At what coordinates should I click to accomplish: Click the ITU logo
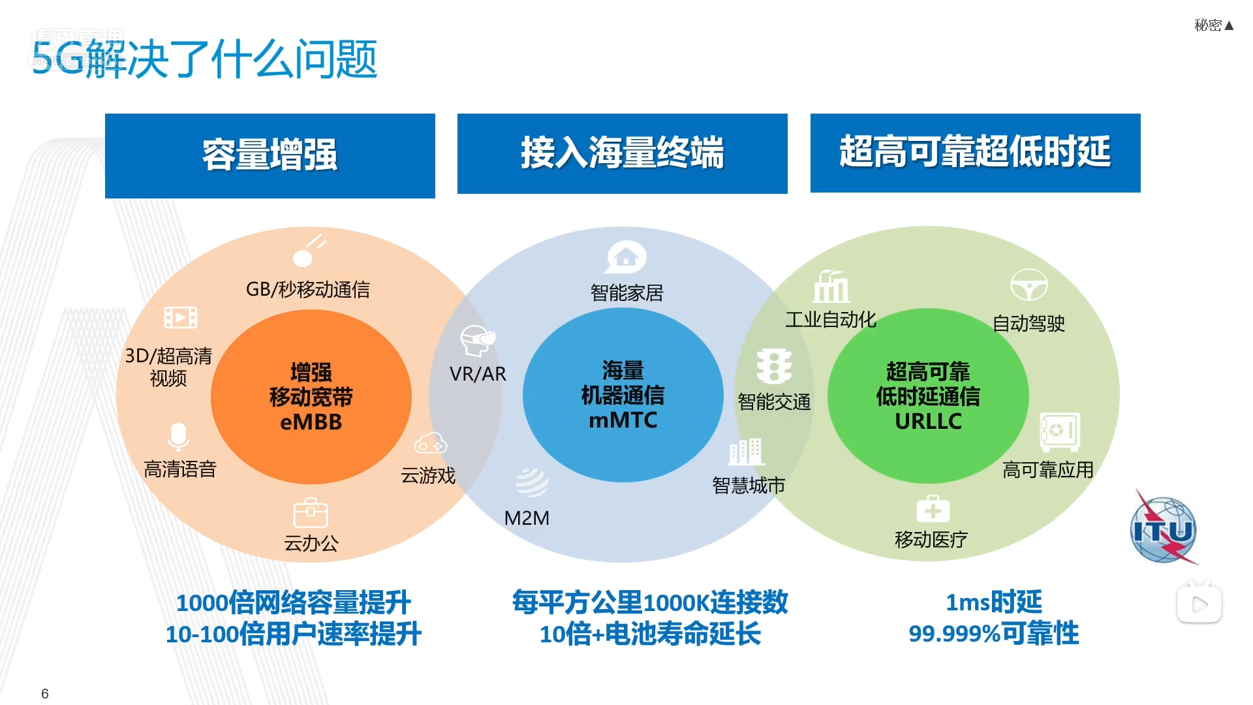click(1164, 529)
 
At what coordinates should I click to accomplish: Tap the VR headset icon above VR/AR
click(477, 340)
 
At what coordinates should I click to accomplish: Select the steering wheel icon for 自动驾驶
click(1029, 285)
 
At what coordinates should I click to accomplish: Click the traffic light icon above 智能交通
click(774, 366)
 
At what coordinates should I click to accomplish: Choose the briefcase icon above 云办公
click(311, 513)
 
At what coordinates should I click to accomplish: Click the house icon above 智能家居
click(626, 257)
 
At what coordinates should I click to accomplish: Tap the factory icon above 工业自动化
click(831, 287)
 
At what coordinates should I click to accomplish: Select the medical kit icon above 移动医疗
click(933, 509)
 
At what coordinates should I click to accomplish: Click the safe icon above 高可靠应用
click(1060, 431)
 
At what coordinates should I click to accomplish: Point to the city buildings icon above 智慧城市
click(746, 452)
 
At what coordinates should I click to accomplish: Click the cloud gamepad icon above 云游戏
click(430, 443)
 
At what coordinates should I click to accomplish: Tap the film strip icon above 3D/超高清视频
click(181, 318)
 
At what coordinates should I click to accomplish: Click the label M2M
click(527, 518)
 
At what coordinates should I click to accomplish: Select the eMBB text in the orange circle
click(311, 422)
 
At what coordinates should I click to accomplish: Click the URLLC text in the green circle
click(928, 422)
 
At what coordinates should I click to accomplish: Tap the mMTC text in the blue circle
click(623, 420)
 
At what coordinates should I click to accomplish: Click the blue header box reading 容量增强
click(270, 155)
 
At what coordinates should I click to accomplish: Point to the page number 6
click(45, 693)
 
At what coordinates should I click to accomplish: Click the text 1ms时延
click(993, 602)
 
